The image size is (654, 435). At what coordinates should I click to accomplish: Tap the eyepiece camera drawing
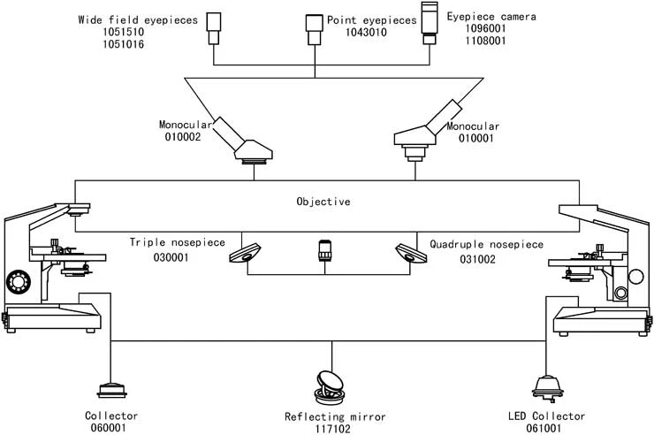pyautogui.click(x=430, y=23)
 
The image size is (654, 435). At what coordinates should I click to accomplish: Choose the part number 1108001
pyautogui.click(x=469, y=40)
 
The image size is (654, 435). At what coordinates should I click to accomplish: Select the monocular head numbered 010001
pyautogui.click(x=428, y=134)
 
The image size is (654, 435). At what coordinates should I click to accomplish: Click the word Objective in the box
pyautogui.click(x=323, y=202)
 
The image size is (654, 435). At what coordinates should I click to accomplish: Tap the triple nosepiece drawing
pyautogui.click(x=245, y=254)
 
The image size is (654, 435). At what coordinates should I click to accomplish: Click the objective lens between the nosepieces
pyautogui.click(x=324, y=252)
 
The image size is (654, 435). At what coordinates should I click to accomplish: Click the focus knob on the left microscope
pyautogui.click(x=17, y=282)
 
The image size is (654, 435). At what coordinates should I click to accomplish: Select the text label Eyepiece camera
pyautogui.click(x=478, y=17)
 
